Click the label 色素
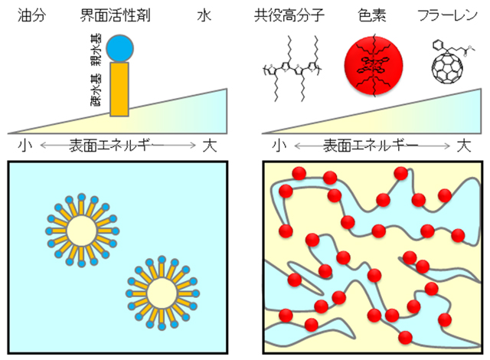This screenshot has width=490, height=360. point(373,15)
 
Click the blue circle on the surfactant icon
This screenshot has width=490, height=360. point(120,47)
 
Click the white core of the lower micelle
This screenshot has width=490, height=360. point(161,292)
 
